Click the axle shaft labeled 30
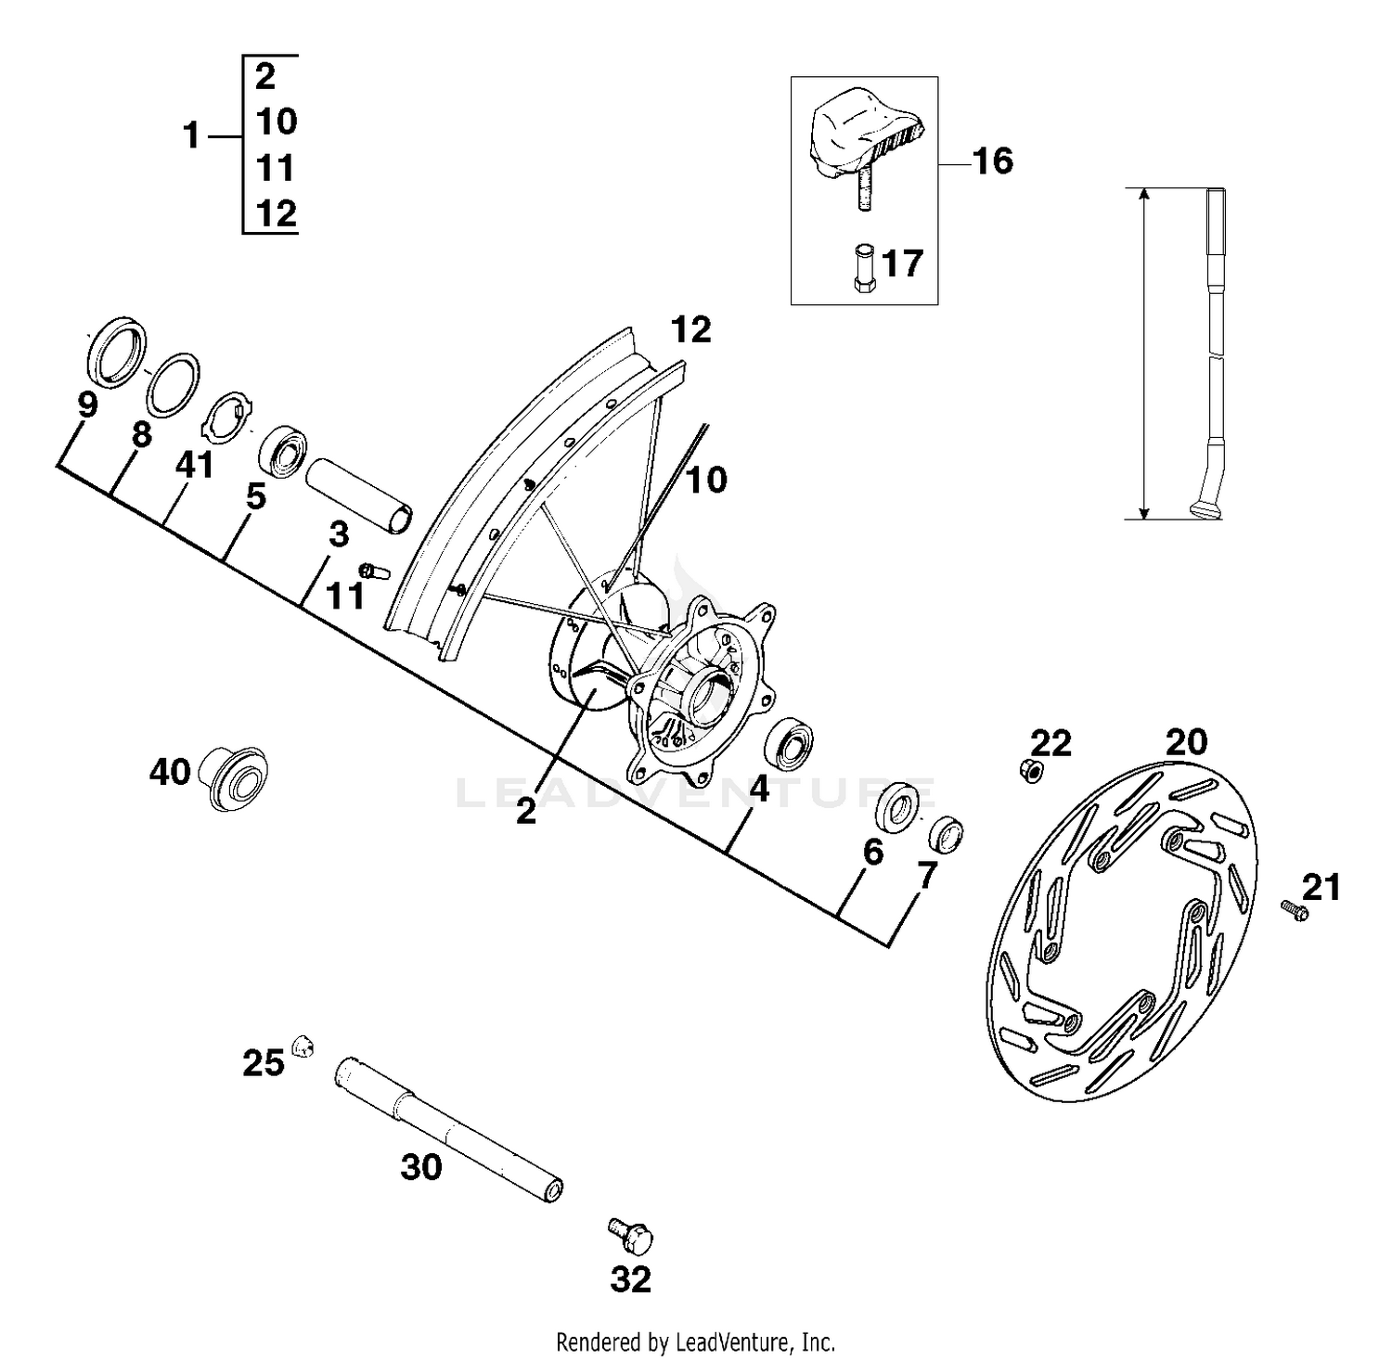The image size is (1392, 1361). click(x=448, y=1130)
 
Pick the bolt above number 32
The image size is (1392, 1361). click(x=632, y=1235)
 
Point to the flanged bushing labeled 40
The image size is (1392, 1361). click(x=233, y=777)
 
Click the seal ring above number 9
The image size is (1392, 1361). click(x=117, y=351)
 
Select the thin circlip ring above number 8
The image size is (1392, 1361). click(x=174, y=382)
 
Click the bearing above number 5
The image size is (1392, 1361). click(x=283, y=452)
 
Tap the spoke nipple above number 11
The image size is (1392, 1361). click(x=374, y=571)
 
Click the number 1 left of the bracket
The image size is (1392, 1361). click(x=191, y=136)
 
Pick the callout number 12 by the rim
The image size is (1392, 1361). click(x=690, y=329)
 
